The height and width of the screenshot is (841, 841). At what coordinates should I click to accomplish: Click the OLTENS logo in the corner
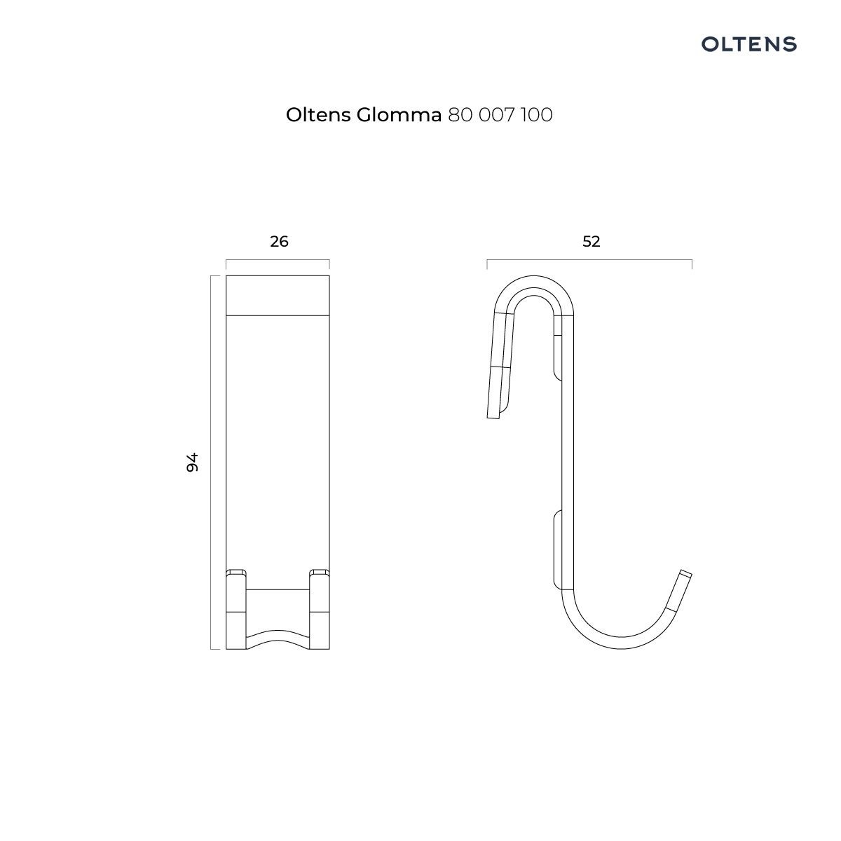pos(748,44)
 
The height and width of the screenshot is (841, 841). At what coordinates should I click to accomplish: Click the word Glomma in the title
pos(399,115)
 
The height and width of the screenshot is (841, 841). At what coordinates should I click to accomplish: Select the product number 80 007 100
pos(500,115)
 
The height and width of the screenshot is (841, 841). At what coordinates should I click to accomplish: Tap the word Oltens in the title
pos(319,115)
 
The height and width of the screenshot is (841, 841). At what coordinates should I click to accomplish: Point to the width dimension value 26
pos(279,241)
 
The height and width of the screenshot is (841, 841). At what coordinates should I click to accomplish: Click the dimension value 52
pos(592,241)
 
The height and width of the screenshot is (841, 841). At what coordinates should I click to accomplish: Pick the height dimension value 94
pos(193,462)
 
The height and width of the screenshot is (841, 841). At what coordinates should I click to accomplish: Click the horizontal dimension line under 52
pos(589,260)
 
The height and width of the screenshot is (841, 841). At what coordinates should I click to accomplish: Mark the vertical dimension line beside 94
pos(211,462)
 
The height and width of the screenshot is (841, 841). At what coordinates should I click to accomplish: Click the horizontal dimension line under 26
pos(278,260)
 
